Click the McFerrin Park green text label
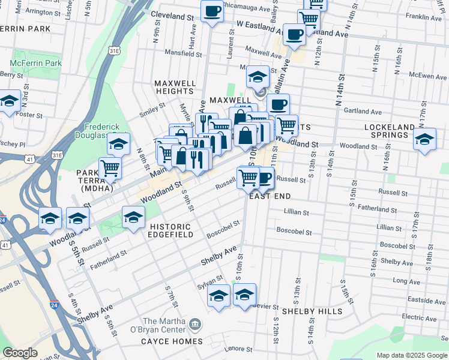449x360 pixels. pos(35,63)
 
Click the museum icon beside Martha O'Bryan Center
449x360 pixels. pos(195,325)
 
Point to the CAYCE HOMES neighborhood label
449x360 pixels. pos(172,341)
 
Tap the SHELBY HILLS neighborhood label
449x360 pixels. pos(312,311)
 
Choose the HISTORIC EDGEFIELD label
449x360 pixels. pos(171,231)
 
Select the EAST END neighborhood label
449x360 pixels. pos(270,197)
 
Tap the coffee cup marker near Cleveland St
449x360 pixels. pos(211,11)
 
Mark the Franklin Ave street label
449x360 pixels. pos(424,18)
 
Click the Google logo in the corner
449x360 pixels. pos(20,353)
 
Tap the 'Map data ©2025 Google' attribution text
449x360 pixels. pos(412,355)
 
